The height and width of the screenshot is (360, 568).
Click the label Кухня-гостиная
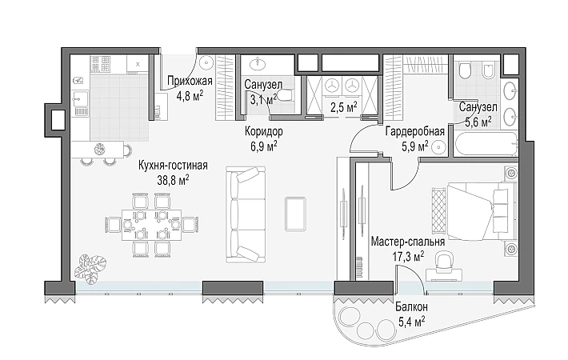(173, 166)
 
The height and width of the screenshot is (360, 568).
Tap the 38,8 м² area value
(173, 180)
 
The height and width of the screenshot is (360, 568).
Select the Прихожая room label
(190, 81)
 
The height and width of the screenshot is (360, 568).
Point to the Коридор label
(264, 131)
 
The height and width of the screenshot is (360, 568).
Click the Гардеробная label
(415, 131)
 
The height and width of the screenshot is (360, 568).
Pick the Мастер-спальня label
(408, 242)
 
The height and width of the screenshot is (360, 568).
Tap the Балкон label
(411, 307)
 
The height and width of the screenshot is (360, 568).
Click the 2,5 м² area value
(344, 107)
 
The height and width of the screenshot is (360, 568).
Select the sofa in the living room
(246, 214)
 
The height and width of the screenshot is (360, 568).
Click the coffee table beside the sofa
(295, 214)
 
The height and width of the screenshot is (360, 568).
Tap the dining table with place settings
(152, 225)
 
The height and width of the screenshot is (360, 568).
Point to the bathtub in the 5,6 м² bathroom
(485, 145)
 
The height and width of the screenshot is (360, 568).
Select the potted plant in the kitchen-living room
(90, 269)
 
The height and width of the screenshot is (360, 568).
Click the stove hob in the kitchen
(101, 65)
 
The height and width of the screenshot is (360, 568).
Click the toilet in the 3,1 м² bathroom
(286, 96)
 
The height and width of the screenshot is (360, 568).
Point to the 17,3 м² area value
(408, 257)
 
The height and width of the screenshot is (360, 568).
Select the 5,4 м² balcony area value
(411, 322)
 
